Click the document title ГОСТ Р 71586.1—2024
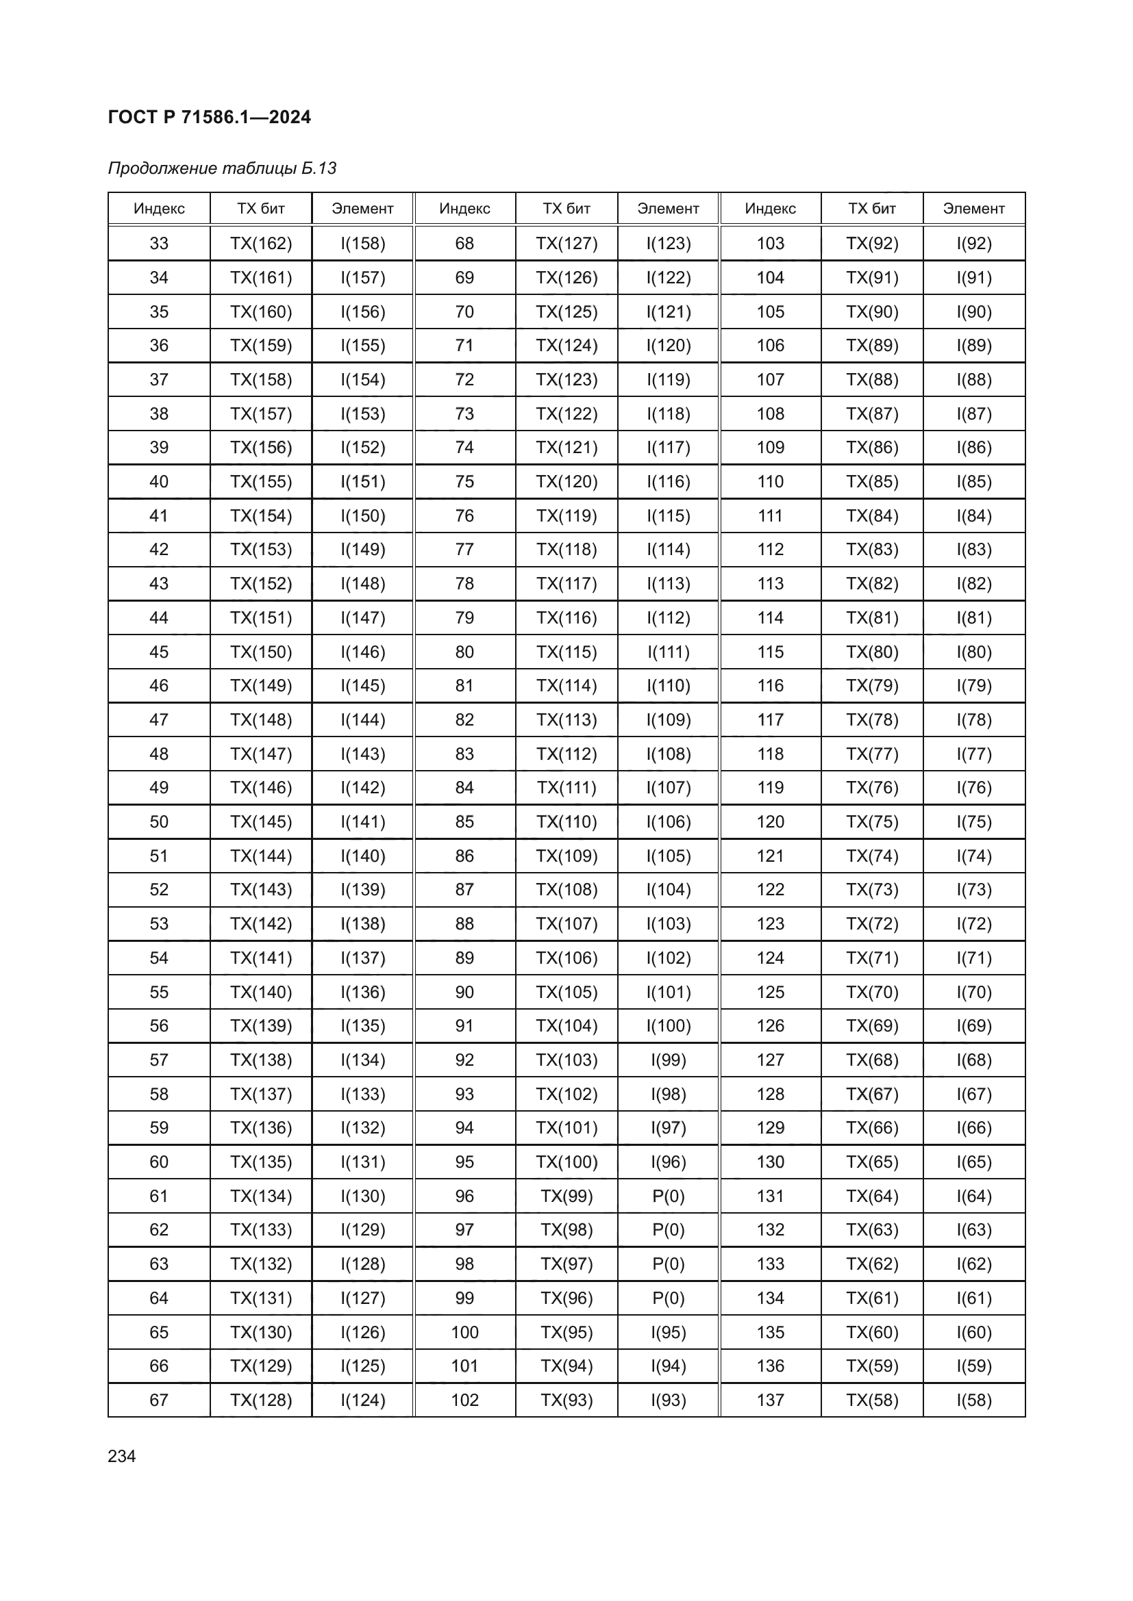[210, 117]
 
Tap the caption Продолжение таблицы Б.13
[222, 168]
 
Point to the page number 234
[122, 1456]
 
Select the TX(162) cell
[261, 244]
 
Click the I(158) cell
[363, 244]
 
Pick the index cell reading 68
[464, 244]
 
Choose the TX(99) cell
[566, 1196]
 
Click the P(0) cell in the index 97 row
[669, 1230]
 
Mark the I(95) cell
[669, 1333]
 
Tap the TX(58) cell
[872, 1400]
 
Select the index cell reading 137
[770, 1400]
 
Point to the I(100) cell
[669, 1026]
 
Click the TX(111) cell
[566, 787]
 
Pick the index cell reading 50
[159, 821]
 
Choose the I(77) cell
[974, 754]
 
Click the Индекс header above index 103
[770, 209]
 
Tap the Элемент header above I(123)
[669, 209]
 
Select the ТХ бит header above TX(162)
[261, 209]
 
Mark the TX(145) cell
[261, 821]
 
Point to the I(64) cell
[974, 1196]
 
